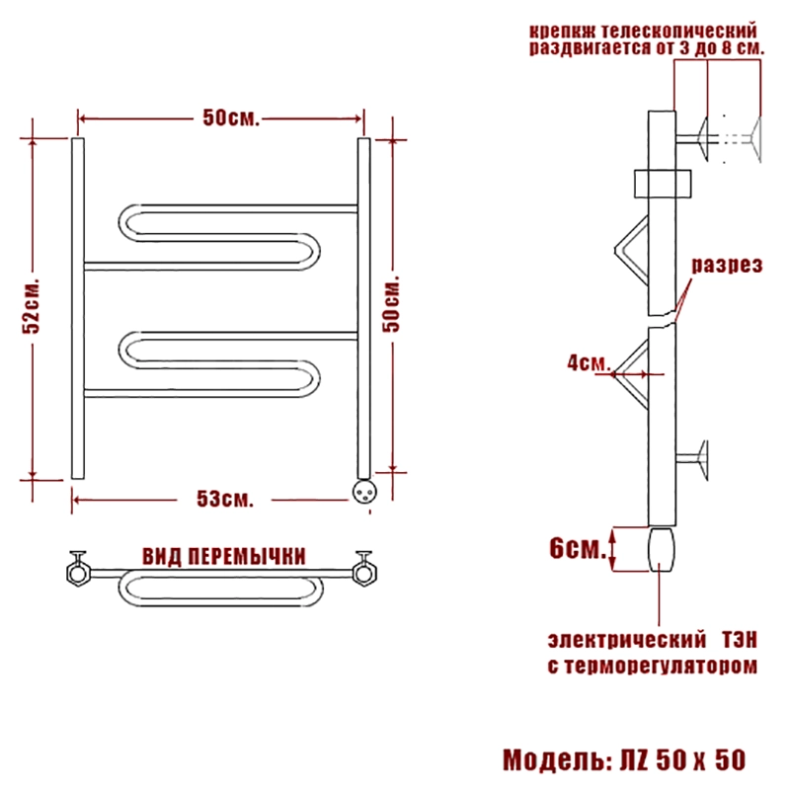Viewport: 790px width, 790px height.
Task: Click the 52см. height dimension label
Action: [x=31, y=305]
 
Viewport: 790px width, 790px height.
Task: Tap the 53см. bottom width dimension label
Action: [x=225, y=499]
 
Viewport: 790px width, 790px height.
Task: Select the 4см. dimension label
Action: [x=589, y=362]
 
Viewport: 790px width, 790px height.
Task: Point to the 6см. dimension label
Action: [x=578, y=548]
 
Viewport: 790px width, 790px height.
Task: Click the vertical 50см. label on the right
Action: [x=391, y=304]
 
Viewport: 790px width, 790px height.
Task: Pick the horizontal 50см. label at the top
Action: [x=231, y=118]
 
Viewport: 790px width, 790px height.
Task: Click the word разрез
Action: [x=727, y=265]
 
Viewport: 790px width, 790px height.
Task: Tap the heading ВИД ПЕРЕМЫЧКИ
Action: [x=224, y=557]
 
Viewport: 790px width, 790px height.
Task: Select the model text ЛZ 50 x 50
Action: [x=682, y=760]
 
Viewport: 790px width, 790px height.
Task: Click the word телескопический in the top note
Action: [x=679, y=32]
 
